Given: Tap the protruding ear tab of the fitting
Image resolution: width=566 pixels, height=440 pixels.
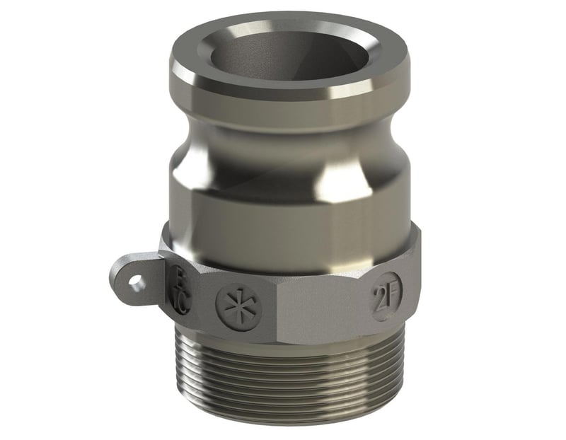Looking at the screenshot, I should (134, 279).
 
